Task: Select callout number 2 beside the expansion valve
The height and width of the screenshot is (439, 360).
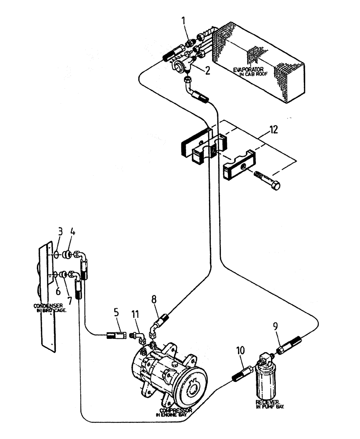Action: click(207, 70)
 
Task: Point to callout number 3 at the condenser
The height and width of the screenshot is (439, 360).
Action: click(61, 232)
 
